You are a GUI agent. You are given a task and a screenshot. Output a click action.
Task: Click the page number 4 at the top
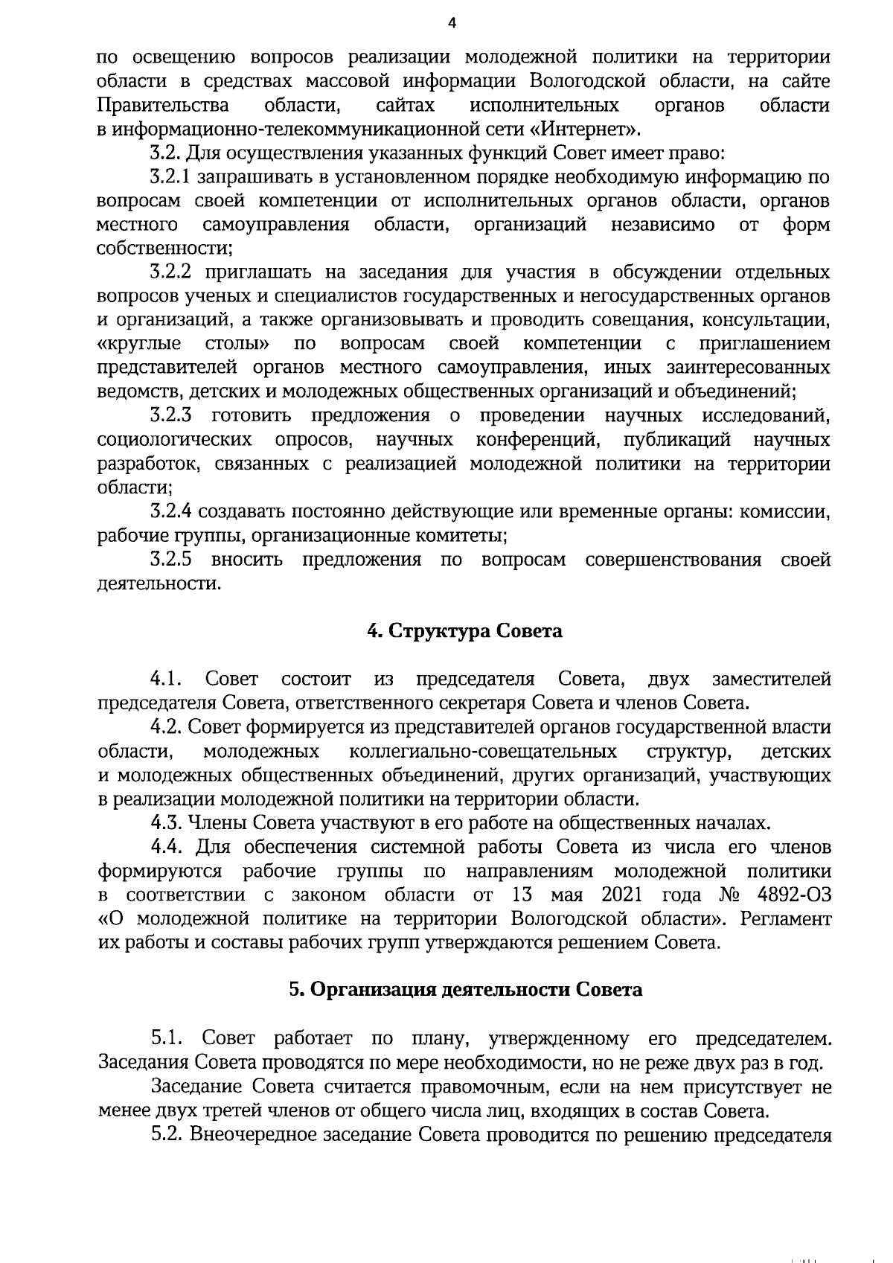pyautogui.click(x=450, y=23)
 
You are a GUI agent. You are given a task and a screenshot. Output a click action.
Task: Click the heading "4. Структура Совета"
pyautogui.click(x=465, y=631)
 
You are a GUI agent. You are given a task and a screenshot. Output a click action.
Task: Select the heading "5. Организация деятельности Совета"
pyautogui.click(x=465, y=990)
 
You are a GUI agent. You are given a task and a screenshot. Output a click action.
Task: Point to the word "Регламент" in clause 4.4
pyautogui.click(x=786, y=918)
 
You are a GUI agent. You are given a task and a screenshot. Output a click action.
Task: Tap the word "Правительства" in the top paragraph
pyautogui.click(x=163, y=106)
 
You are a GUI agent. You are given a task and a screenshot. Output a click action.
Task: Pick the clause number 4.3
pyautogui.click(x=166, y=823)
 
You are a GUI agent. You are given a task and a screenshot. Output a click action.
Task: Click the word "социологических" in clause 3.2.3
pyautogui.click(x=173, y=440)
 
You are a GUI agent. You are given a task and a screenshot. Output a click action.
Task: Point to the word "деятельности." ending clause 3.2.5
pyautogui.click(x=159, y=583)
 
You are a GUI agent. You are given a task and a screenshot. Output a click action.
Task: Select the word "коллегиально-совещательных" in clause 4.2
pyautogui.click(x=482, y=751)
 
